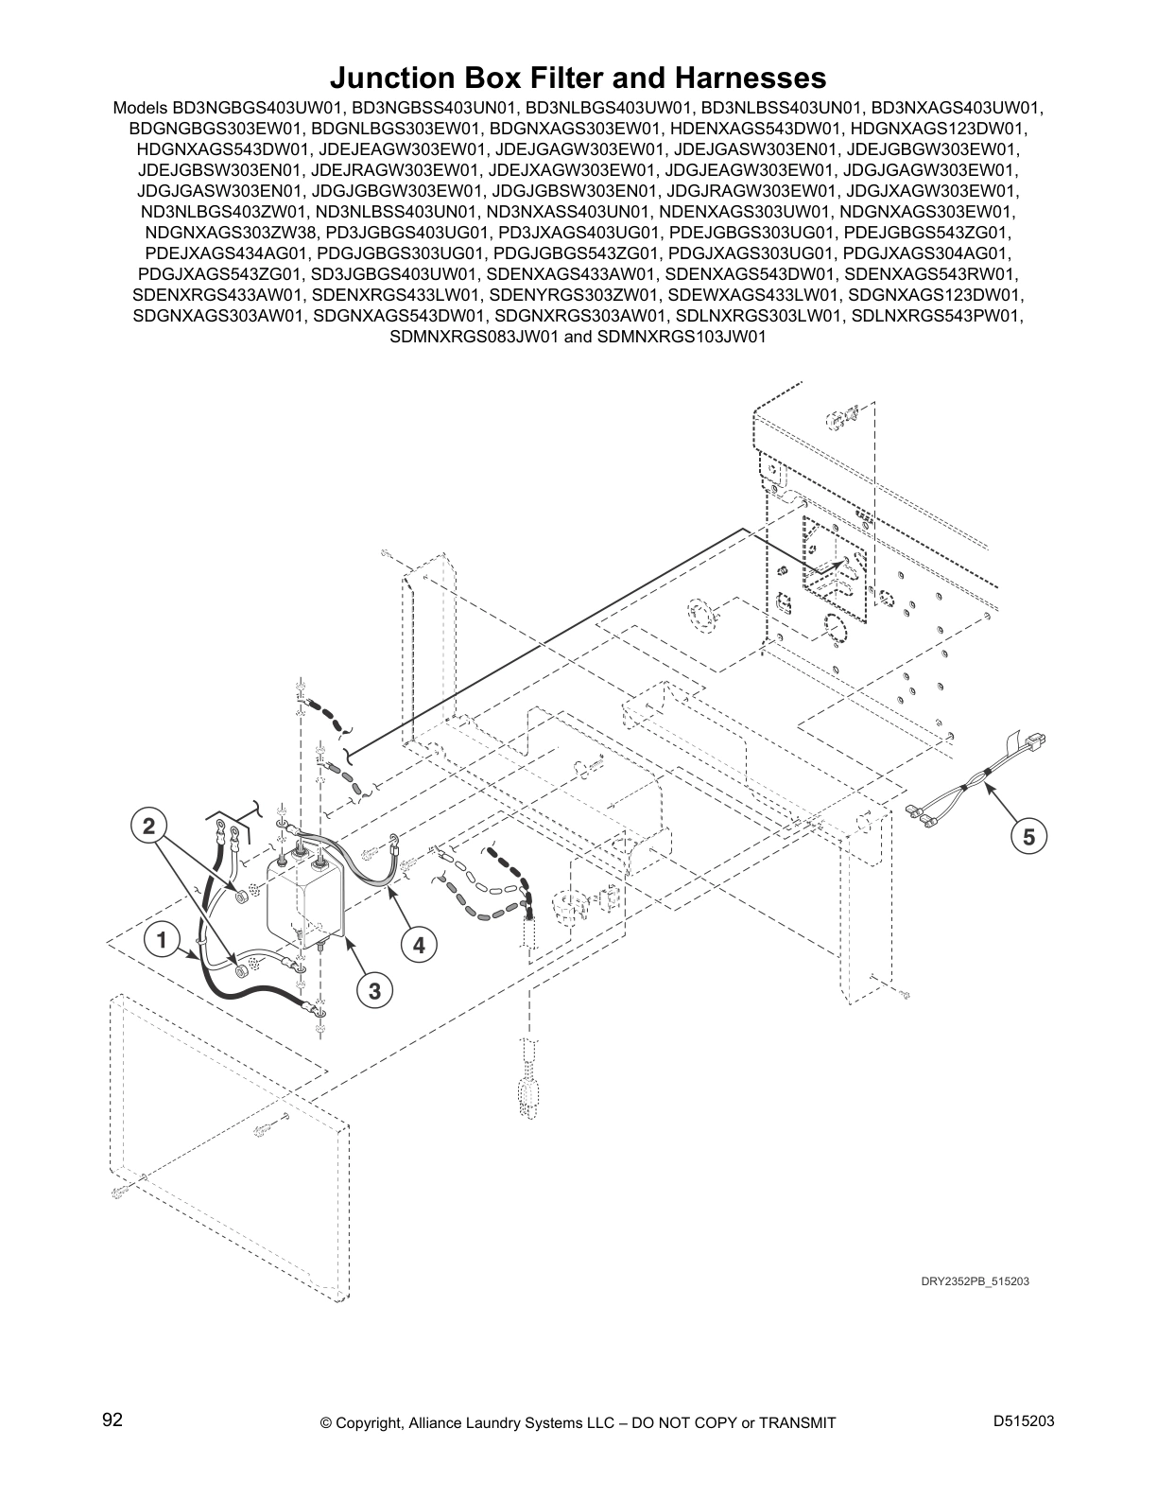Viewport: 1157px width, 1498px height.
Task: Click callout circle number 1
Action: click(x=162, y=940)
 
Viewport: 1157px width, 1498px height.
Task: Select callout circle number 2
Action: click(x=148, y=825)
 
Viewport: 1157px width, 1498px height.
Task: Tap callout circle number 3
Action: click(x=375, y=991)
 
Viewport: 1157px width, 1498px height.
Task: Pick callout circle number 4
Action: click(x=419, y=943)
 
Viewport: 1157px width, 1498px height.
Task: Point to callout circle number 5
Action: click(x=1029, y=836)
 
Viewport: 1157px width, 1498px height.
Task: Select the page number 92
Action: click(x=112, y=1420)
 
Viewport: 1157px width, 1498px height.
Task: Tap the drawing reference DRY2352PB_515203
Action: click(x=975, y=1281)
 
